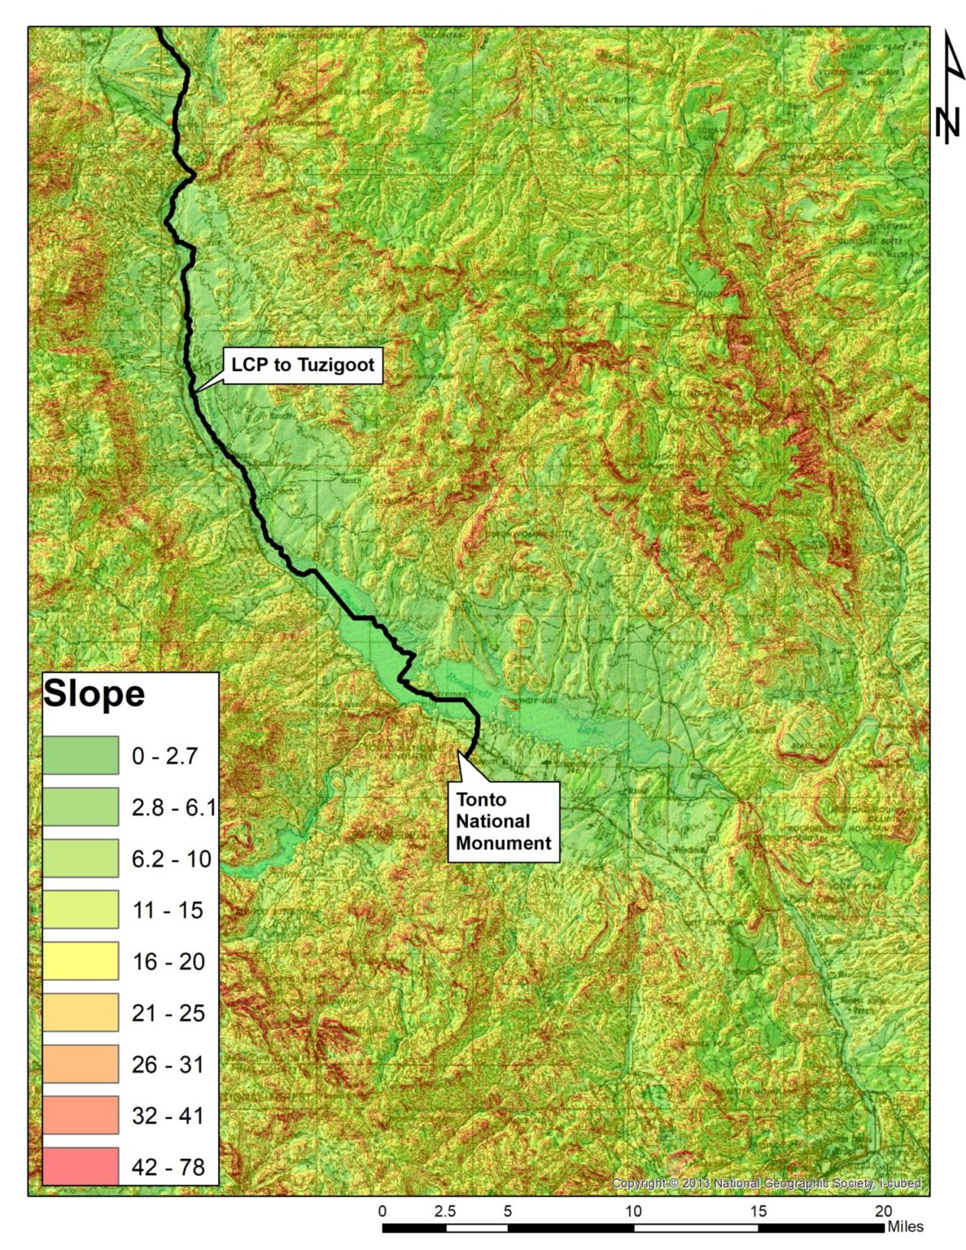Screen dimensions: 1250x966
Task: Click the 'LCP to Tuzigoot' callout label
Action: (303, 365)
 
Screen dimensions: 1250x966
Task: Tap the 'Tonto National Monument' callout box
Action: (503, 821)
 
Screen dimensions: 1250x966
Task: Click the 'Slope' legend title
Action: (94, 694)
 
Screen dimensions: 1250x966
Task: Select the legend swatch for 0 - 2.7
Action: (81, 755)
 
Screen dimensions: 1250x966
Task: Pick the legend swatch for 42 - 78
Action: (81, 1166)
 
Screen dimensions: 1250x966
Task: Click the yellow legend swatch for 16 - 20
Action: (81, 961)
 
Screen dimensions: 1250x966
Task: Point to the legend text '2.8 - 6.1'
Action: (173, 807)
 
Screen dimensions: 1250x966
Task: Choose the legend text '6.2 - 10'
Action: (171, 859)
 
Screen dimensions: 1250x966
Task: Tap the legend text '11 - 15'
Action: (168, 910)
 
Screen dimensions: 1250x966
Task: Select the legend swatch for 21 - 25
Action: (81, 1012)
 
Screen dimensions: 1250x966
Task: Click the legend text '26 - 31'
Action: (168, 1064)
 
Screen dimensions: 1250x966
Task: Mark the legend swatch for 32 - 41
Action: (81, 1115)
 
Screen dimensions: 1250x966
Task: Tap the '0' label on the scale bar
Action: (382, 1211)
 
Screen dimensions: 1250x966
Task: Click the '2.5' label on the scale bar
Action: (445, 1211)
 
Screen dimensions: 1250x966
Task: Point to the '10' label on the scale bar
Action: (633, 1211)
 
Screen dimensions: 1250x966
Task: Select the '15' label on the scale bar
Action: (758, 1211)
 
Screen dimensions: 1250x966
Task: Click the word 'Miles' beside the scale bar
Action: (906, 1226)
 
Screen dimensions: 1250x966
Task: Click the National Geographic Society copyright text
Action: (766, 1183)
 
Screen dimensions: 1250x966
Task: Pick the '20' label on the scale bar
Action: (884, 1211)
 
